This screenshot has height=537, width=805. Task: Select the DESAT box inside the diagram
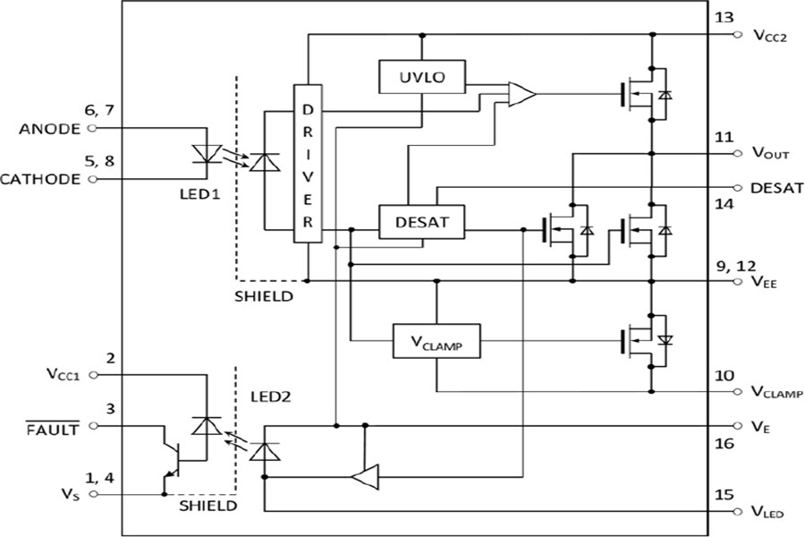tap(422, 223)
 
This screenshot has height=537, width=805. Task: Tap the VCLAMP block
tap(436, 341)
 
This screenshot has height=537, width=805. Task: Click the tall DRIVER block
tap(307, 163)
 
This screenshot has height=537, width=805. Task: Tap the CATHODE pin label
tap(44, 179)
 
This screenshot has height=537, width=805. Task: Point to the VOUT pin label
tap(770, 154)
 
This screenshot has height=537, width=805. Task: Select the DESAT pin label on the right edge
tap(775, 188)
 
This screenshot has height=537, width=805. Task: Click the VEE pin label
tap(766, 282)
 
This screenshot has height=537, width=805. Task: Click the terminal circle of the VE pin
tap(737, 426)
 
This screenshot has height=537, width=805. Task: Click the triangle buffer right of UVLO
tap(521, 93)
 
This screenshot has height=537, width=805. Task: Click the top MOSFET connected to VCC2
tap(642, 92)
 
